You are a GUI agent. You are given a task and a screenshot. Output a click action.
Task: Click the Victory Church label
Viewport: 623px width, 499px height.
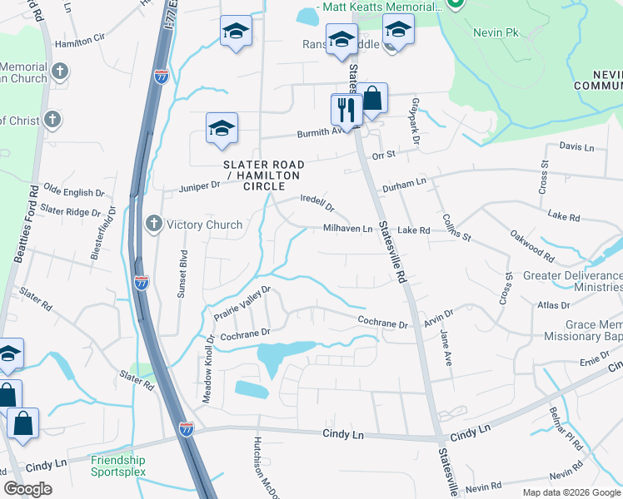204,225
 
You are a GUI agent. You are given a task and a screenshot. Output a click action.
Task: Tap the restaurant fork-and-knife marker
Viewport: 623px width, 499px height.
346,108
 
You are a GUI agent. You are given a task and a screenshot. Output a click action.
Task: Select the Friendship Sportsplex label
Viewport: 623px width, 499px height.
118,466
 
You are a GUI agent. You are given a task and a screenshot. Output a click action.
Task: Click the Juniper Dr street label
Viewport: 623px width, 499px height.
199,188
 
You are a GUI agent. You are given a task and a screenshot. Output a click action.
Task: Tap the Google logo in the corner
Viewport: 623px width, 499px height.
27,489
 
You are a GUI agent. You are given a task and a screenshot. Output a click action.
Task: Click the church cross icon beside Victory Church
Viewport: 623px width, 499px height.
154,224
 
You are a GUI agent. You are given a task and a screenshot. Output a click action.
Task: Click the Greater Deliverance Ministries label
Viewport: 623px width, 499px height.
572,282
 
